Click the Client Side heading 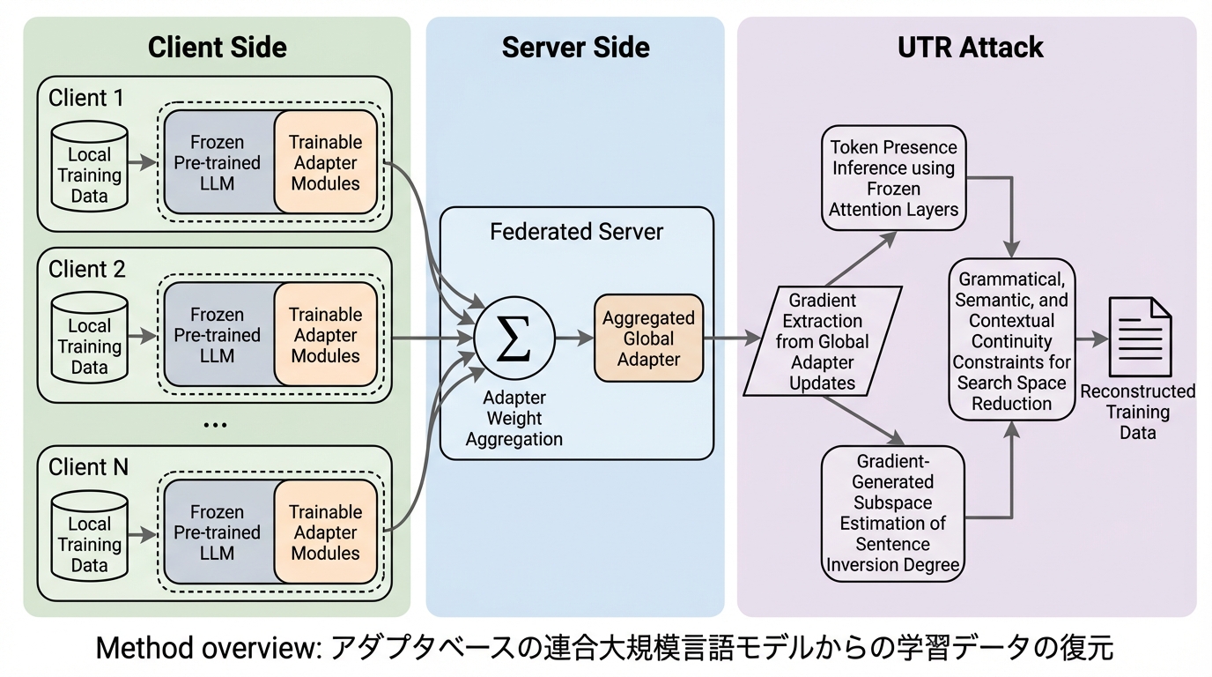[217, 47]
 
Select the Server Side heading [575, 47]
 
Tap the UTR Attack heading [970, 47]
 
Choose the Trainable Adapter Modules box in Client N [325, 532]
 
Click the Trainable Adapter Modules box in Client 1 [325, 163]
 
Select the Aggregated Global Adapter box [648, 338]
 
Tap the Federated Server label [576, 232]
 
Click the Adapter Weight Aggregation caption [514, 418]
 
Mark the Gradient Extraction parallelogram [822, 340]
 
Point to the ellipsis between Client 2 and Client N [215, 425]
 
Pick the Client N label [88, 466]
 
